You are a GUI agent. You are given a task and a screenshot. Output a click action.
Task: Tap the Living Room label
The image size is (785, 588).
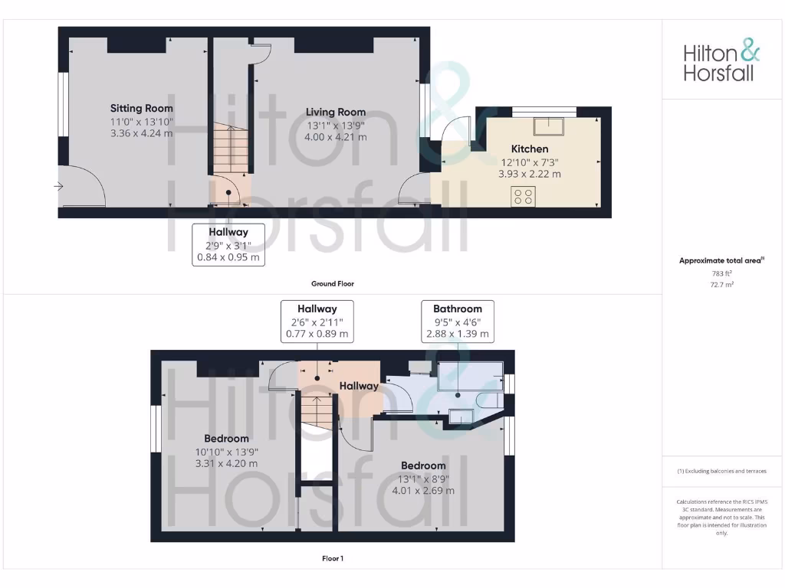pos(336,112)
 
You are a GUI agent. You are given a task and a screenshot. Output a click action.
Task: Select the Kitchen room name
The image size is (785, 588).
pos(530,149)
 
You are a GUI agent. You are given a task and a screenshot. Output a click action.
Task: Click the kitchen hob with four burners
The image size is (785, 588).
pos(524,196)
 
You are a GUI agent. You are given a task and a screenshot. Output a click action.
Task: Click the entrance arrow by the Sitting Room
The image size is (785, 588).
pos(59,186)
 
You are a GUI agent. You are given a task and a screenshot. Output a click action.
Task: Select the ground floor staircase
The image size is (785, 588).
pos(229,150)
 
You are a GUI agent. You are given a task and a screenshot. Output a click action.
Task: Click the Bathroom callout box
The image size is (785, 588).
pos(458,322)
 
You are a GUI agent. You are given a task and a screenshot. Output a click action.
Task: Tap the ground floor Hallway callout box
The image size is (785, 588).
pos(228,244)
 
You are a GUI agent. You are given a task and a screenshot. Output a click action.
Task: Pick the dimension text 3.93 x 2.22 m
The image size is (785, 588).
pos(530,174)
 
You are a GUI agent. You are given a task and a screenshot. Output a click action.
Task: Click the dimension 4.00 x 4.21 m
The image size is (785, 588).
pos(336,137)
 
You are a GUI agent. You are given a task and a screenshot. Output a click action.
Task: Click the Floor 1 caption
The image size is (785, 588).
pos(333,558)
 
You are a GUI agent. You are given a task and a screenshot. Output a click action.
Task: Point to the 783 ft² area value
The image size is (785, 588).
pos(721,273)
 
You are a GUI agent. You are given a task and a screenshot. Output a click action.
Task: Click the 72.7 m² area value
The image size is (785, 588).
pos(721,284)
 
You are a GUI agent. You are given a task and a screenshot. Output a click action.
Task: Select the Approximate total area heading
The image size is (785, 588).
pos(721,261)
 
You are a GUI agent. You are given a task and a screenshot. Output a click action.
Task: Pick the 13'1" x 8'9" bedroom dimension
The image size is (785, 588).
pos(422,479)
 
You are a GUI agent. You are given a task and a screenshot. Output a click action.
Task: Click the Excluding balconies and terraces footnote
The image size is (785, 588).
pos(721,471)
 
